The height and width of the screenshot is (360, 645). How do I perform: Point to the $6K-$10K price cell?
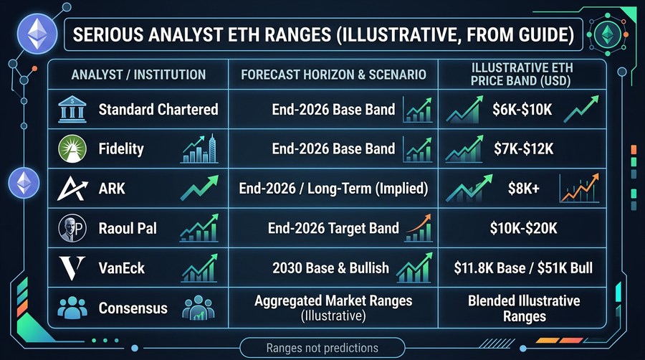[x=522, y=110]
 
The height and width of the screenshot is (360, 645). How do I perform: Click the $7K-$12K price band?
[x=522, y=149]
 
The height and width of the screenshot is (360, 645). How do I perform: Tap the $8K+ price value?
[x=522, y=189]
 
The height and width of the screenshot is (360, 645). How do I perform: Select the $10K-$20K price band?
[x=522, y=229]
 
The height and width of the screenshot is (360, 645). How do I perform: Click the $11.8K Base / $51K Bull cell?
[x=523, y=268]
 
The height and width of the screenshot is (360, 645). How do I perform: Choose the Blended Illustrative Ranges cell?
[x=523, y=308]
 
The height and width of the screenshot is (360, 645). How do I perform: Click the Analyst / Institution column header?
[x=138, y=74]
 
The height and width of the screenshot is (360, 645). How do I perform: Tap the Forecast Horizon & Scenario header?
[x=333, y=74]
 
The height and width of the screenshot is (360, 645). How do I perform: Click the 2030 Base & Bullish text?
[x=331, y=268]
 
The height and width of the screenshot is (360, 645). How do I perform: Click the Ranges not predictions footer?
[x=322, y=348]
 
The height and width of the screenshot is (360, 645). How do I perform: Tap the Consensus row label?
[x=133, y=308]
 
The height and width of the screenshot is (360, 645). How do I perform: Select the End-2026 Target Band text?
[x=334, y=229]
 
